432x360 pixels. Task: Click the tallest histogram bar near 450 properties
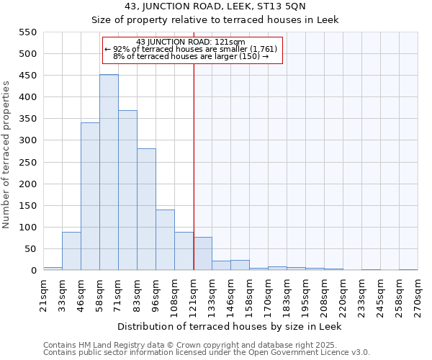pyautogui.click(x=109, y=173)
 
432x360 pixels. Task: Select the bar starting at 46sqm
pyautogui.click(x=90, y=197)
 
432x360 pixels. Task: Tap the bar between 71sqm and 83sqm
pyautogui.click(x=127, y=191)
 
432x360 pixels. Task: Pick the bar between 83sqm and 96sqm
pyautogui.click(x=146, y=210)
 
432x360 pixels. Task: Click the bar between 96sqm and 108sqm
pyautogui.click(x=165, y=240)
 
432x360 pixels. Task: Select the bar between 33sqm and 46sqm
pyautogui.click(x=71, y=251)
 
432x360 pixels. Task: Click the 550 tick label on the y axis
pyautogui.click(x=27, y=32)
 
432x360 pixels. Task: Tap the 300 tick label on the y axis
pyautogui.click(x=27, y=140)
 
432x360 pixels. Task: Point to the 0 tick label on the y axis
pyautogui.click(x=33, y=271)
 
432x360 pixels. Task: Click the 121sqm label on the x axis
pyautogui.click(x=193, y=292)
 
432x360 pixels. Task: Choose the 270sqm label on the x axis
pyautogui.click(x=418, y=292)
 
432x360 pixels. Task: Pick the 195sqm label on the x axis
pyautogui.click(x=305, y=292)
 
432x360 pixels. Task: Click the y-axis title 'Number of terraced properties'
pyautogui.click(x=6, y=155)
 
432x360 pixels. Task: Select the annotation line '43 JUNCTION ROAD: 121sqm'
pyautogui.click(x=191, y=42)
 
